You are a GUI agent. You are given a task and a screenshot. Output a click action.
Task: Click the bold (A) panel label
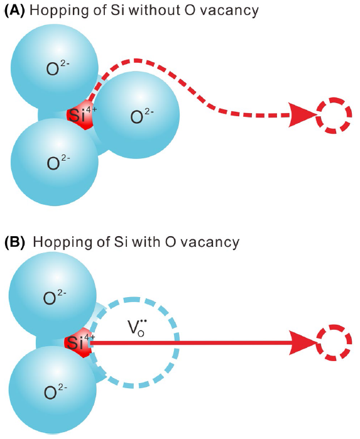(x=14, y=11)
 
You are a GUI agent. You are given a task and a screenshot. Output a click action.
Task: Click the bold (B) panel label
(x=14, y=241)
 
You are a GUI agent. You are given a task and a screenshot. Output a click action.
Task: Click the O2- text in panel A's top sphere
(x=56, y=68)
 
